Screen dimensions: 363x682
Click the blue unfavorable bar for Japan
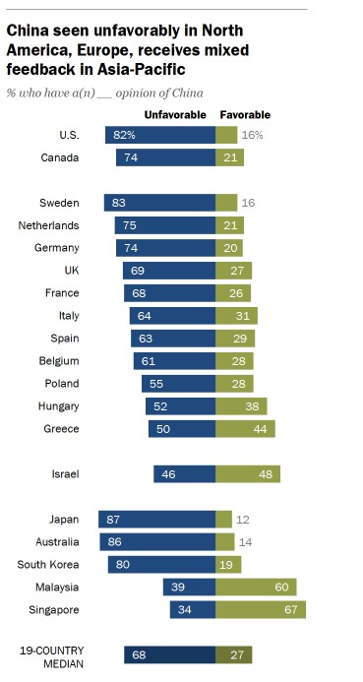157,520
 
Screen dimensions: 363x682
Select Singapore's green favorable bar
261,610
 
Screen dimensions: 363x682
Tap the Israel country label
65,473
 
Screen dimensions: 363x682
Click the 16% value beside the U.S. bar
253,135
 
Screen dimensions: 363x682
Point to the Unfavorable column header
175,115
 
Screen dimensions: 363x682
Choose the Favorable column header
245,115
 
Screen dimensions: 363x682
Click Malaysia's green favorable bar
256,588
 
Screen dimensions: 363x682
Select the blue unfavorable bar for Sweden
160,203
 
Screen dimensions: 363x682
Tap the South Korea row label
48,565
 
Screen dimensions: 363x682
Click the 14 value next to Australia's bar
246,542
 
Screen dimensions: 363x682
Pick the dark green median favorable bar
234,654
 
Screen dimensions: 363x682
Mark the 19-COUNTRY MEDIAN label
52,657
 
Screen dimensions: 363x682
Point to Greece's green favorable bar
245,429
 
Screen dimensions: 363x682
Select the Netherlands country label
48,225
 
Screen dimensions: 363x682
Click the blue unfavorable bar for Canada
165,157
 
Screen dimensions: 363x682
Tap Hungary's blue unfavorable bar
181,406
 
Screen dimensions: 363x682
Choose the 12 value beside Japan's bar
243,520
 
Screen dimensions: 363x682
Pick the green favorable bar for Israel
248,474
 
